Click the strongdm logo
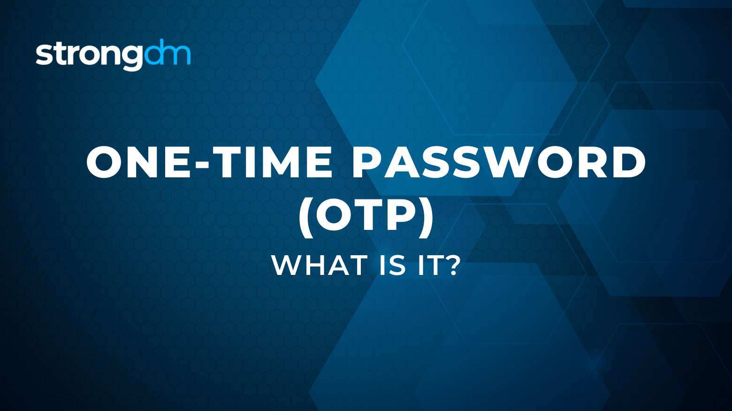coord(113,54)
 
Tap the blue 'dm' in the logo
coord(168,52)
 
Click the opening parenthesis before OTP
coord(306,218)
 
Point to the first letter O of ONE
coord(104,162)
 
